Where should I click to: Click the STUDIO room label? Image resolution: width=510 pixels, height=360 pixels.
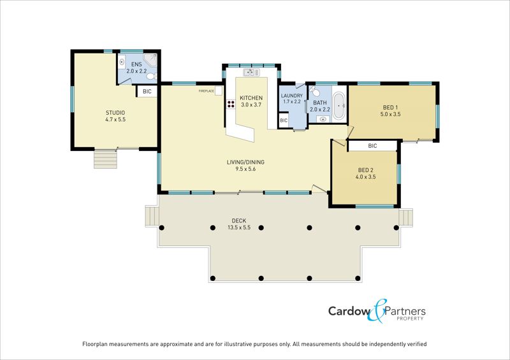(115, 113)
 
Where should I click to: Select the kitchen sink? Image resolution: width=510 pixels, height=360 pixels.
(249, 73)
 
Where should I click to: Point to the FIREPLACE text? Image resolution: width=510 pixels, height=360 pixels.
(206, 91)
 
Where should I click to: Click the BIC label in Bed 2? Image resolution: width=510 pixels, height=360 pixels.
(372, 146)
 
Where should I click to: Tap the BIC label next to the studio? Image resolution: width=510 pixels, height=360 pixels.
(147, 92)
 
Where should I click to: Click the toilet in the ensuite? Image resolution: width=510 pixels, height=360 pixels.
(150, 77)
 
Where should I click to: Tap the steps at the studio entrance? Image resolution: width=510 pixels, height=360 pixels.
(106, 157)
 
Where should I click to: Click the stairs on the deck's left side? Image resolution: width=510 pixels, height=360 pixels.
(151, 216)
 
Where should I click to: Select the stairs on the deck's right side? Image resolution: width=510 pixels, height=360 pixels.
(407, 217)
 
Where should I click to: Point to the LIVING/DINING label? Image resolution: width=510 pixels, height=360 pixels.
(245, 162)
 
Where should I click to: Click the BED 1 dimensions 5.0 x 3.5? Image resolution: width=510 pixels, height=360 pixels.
(390, 115)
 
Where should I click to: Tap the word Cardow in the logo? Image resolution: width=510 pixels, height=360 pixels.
(351, 312)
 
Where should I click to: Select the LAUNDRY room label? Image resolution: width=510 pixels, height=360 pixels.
(291, 96)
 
